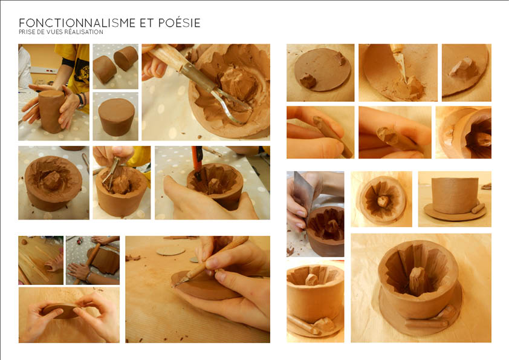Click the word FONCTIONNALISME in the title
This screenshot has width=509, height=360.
(x=77, y=23)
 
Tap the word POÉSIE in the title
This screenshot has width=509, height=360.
(x=180, y=23)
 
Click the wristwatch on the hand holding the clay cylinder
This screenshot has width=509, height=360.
(x=81, y=100)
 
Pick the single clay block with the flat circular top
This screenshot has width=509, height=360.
(x=116, y=117)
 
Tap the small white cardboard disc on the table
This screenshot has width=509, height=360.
(x=170, y=251)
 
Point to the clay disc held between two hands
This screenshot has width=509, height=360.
(x=61, y=310)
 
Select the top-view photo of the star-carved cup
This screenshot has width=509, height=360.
(x=381, y=199)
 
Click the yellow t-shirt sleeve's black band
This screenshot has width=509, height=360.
(x=68, y=62)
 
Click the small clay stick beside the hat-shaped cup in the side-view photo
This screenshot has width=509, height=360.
(x=478, y=208)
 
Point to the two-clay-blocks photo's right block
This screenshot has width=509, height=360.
(x=126, y=58)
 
